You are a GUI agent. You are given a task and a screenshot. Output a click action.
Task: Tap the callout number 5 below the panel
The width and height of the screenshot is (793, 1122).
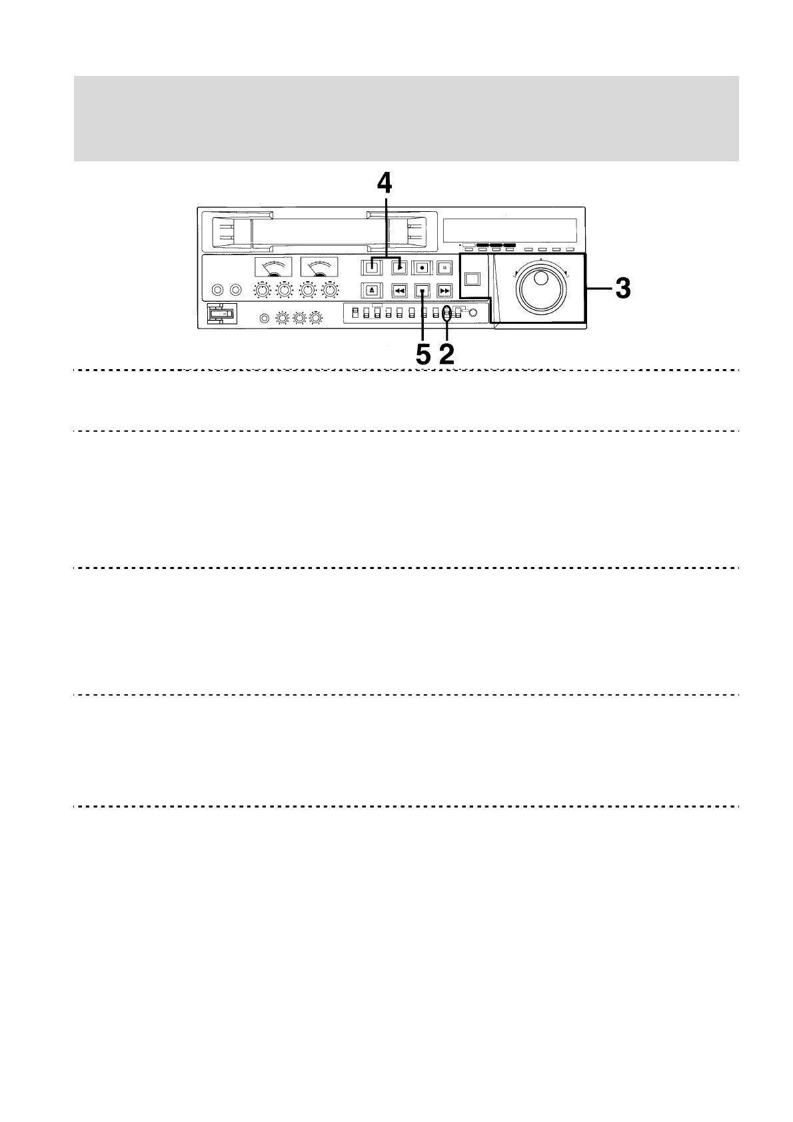point(423,354)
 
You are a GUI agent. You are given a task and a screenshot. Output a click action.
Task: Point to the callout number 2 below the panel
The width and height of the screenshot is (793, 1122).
point(446,354)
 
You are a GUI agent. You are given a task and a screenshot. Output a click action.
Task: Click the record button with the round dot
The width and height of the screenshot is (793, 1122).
point(421,268)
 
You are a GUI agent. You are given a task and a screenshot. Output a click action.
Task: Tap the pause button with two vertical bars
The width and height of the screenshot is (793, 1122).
point(444,268)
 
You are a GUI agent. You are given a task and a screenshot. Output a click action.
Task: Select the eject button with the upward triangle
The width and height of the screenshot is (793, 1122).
point(372,290)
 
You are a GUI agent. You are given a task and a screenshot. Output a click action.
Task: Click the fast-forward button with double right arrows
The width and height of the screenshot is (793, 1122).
point(444,290)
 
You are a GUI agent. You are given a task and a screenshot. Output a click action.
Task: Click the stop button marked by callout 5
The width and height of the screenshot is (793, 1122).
point(421,290)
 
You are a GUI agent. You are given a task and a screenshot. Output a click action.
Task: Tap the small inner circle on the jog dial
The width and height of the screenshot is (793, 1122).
point(542,278)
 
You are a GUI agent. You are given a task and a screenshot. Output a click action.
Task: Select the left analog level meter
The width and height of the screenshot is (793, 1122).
point(273,267)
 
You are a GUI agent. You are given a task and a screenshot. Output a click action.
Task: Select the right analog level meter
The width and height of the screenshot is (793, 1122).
point(319,267)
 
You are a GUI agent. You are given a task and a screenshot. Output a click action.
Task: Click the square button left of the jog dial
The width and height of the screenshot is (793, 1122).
point(472,279)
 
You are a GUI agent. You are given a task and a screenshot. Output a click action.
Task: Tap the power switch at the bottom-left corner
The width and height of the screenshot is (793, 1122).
point(221,313)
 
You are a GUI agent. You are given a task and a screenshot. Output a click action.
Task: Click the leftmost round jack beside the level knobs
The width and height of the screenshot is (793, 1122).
point(217,290)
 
